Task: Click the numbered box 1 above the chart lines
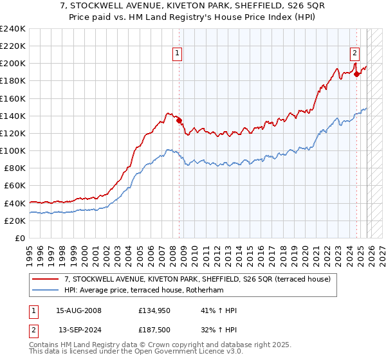[177, 54]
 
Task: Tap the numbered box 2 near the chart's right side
[354, 54]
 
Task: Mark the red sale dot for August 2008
[179, 120]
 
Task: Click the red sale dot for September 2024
[356, 75]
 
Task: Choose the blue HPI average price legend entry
[154, 291]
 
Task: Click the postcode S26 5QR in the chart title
[289, 6]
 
